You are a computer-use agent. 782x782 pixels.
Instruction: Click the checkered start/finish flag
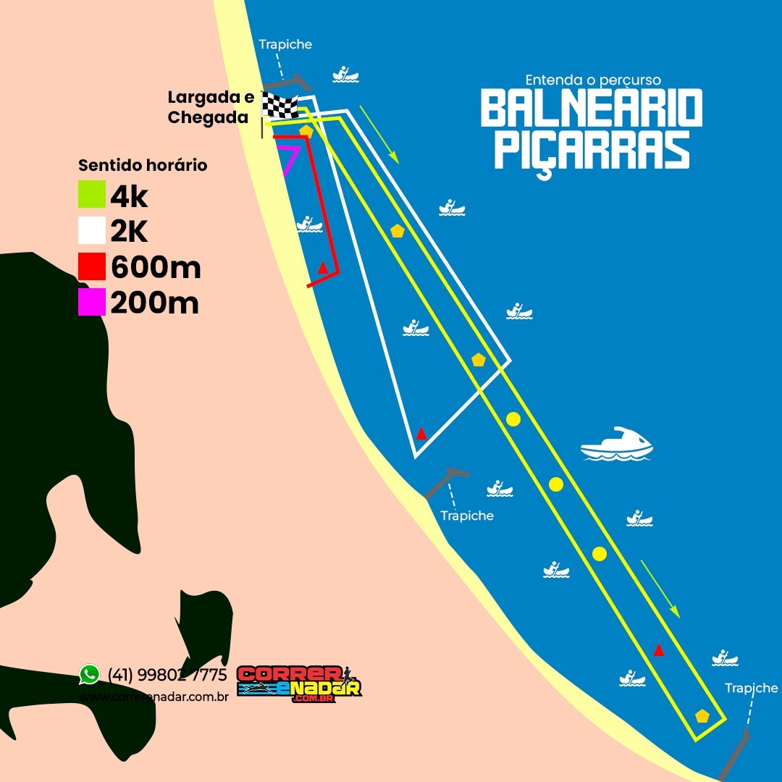click(x=279, y=106)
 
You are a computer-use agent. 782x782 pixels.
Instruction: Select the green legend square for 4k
click(x=92, y=195)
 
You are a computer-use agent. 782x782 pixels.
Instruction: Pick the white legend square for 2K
click(x=92, y=231)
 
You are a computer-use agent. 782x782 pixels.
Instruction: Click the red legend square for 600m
click(x=92, y=267)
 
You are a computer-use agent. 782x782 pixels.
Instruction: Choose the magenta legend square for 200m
click(x=92, y=303)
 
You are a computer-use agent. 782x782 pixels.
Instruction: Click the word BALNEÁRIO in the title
click(x=592, y=109)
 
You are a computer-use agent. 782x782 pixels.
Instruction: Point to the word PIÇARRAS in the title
click(x=592, y=149)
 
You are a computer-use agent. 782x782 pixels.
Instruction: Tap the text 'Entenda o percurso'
click(x=593, y=79)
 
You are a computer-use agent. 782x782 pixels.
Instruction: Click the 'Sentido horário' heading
click(x=143, y=165)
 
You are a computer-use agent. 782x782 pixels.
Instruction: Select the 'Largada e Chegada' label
click(x=210, y=106)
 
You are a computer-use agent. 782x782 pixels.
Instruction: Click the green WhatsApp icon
click(x=89, y=675)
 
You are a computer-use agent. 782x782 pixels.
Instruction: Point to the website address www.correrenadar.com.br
click(x=154, y=697)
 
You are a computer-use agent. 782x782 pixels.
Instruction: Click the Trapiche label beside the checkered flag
click(x=285, y=44)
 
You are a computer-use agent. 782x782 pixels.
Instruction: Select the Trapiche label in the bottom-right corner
click(x=751, y=688)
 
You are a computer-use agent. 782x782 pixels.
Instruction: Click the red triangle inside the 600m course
click(x=323, y=268)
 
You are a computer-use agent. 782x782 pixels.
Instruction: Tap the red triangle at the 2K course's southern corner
click(x=421, y=434)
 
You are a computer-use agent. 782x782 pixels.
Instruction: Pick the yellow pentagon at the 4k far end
click(x=702, y=715)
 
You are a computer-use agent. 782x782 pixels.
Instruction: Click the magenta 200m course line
click(x=290, y=161)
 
